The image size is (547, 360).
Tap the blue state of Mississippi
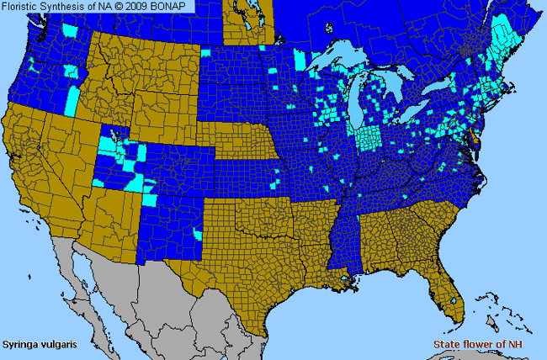[x=346, y=240]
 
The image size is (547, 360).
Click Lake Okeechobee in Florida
[x=455, y=299]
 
